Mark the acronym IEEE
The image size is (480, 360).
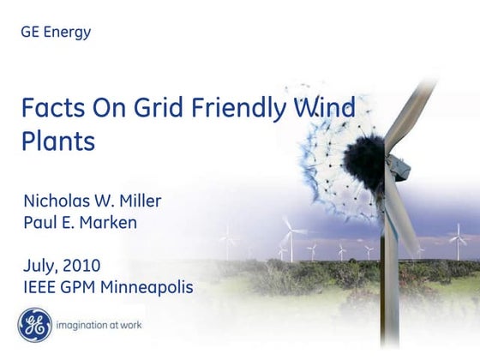tap(43, 286)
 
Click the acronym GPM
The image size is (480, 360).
tap(92, 286)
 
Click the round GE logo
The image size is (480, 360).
tap(33, 326)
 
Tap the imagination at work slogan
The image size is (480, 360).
tap(99, 326)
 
